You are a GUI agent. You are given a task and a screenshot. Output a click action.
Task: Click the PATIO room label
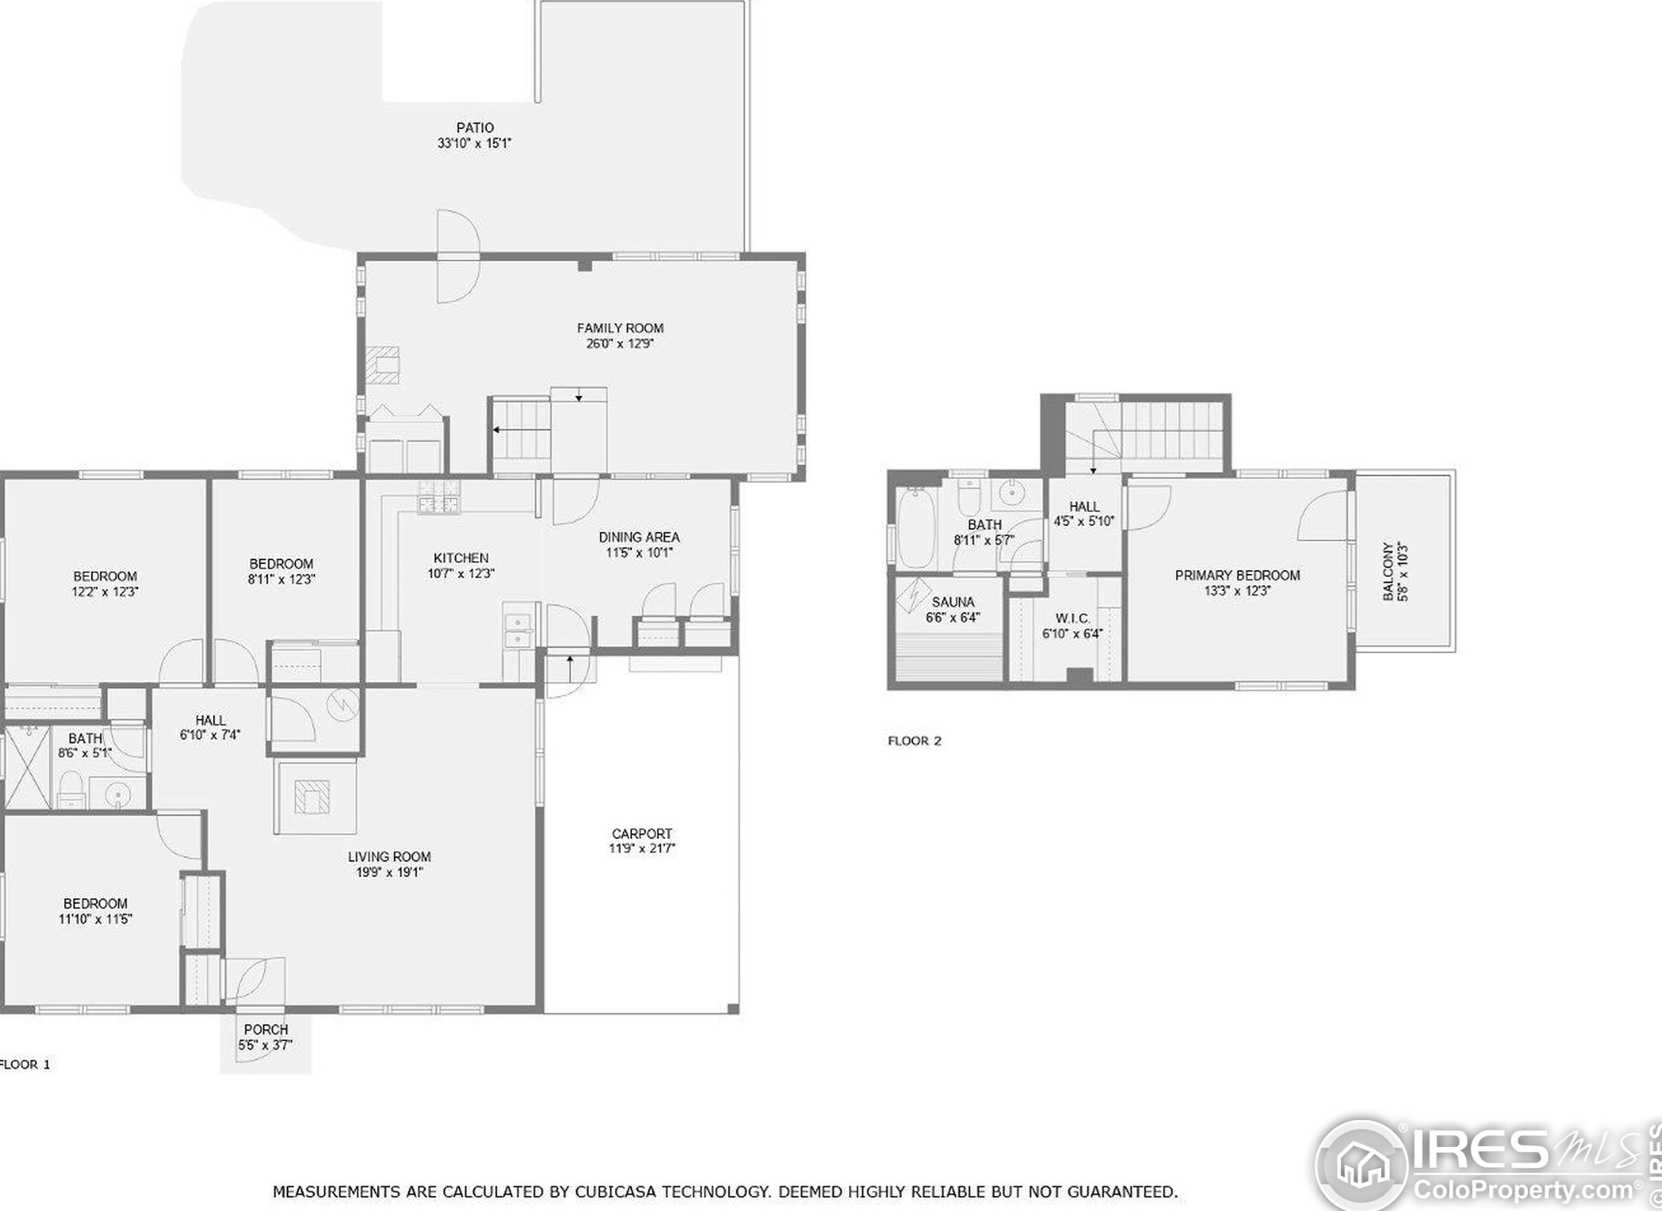[475, 127]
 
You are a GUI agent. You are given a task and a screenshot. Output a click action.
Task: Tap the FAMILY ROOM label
[620, 328]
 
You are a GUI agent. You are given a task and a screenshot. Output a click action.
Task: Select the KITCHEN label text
[461, 557]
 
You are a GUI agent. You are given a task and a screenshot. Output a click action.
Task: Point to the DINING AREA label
[639, 537]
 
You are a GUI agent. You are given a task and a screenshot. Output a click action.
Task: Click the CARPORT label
[642, 833]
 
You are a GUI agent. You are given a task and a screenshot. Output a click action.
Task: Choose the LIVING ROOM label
[389, 857]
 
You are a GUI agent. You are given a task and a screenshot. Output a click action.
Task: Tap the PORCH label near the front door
[265, 1030]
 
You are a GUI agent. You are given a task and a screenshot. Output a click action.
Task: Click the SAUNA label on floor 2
[952, 602]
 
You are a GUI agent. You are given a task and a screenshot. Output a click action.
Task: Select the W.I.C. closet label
[1072, 619]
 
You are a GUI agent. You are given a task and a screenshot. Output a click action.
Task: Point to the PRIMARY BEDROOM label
[1237, 575]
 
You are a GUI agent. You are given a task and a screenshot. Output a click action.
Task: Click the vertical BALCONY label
[1388, 571]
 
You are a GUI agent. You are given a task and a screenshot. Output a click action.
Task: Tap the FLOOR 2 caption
[914, 741]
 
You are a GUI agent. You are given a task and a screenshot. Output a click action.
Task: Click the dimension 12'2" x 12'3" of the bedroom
[105, 592]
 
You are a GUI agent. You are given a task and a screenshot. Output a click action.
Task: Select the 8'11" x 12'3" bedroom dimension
[281, 579]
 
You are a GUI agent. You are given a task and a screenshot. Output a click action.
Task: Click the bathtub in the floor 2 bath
[916, 527]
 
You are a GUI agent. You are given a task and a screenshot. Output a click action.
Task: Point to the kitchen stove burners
[439, 497]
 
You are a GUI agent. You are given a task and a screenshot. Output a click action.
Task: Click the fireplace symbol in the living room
[312, 797]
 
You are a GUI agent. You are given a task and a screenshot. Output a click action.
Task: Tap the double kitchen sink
[517, 630]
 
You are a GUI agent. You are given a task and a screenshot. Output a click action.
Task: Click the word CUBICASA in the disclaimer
[615, 1192]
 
